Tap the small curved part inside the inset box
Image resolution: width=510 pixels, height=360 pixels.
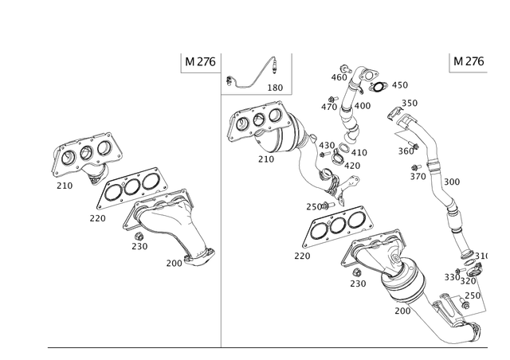pos(256,72)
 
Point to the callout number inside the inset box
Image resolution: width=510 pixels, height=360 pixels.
pos(274,84)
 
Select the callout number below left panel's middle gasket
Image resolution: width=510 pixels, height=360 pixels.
pos(96,216)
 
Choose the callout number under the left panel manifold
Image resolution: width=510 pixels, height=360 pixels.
pos(140,246)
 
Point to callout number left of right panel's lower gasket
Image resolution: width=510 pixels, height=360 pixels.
pos(301,256)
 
